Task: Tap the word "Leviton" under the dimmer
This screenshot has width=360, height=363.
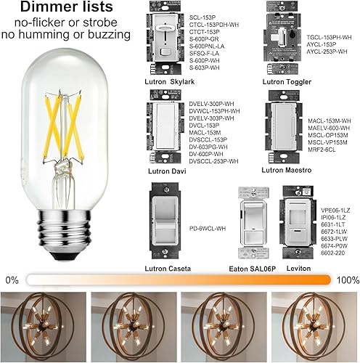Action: click(299, 269)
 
